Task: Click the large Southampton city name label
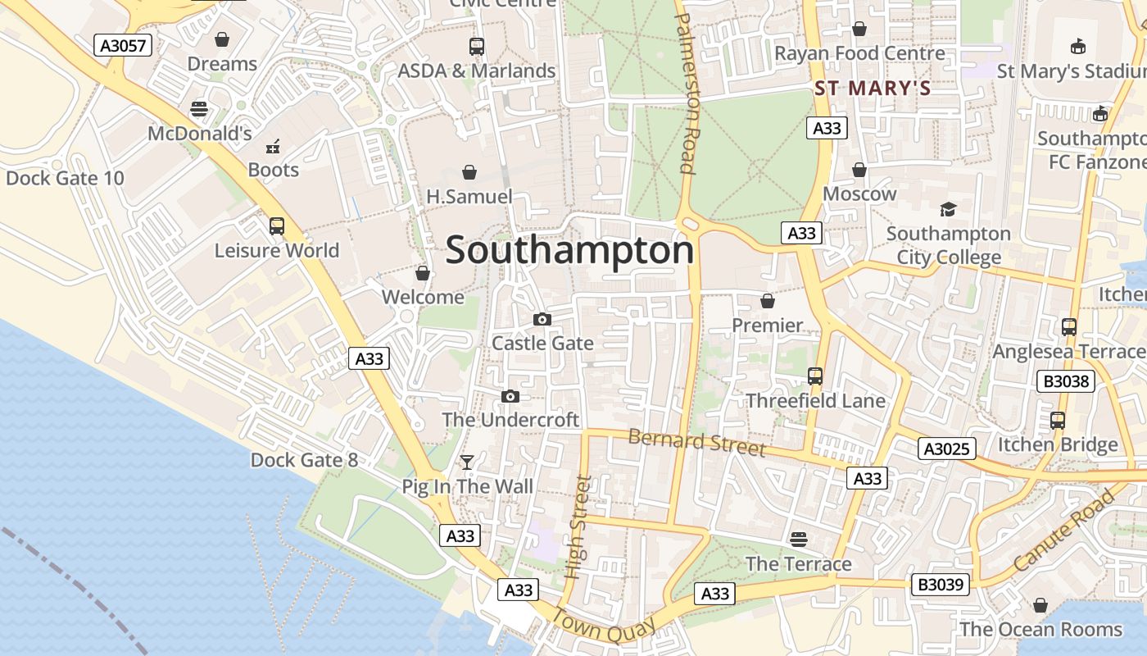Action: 569,250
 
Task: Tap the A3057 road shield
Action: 123,45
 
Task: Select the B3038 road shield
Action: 1066,380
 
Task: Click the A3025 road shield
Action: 946,449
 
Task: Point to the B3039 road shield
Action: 941,585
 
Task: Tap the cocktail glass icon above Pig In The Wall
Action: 467,462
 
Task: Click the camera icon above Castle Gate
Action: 542,319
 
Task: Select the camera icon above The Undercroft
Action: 510,397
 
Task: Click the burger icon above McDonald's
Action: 198,109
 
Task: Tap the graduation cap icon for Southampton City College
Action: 948,210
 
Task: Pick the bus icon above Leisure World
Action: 277,226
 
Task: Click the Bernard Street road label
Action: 696,443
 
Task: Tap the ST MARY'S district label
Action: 873,89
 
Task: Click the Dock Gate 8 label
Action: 304,460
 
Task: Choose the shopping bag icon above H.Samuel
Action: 469,172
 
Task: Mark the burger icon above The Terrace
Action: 799,540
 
